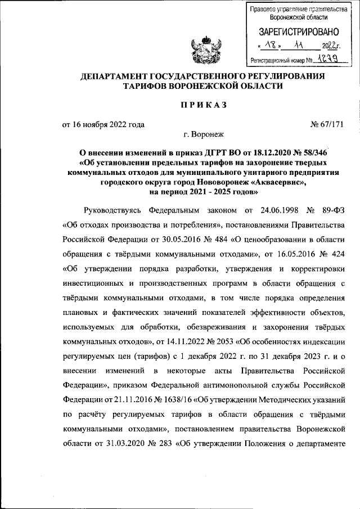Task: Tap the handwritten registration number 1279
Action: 327,58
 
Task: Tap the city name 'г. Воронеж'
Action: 203,135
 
